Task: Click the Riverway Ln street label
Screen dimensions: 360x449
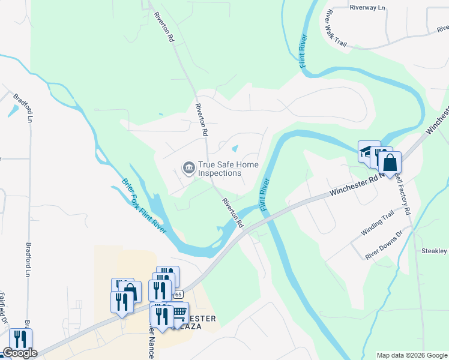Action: (x=366, y=8)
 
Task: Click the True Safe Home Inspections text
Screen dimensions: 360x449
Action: (x=220, y=169)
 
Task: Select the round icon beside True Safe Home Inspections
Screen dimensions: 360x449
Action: (x=188, y=166)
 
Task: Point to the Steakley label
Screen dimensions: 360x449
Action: (x=434, y=251)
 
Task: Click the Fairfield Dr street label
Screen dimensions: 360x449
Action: (x=3, y=312)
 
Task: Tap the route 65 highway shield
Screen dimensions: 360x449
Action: (x=178, y=294)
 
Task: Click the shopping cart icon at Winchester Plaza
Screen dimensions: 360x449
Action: (x=179, y=313)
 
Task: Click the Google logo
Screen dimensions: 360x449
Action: (x=19, y=353)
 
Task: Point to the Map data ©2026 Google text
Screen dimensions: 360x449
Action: (x=412, y=355)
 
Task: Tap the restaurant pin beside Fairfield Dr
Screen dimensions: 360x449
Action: (x=20, y=339)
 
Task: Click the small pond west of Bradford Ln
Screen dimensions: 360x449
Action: (x=13, y=111)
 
